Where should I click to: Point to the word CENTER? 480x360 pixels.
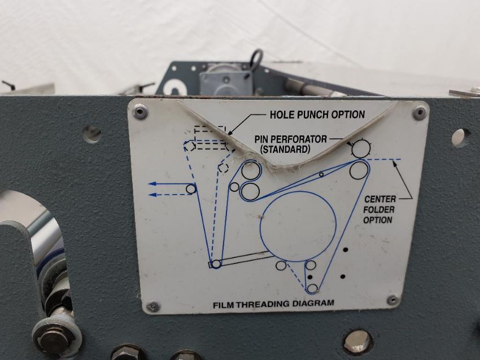pyautogui.click(x=380, y=199)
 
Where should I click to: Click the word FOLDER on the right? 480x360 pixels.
pyautogui.click(x=379, y=210)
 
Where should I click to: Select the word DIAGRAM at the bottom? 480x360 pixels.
pyautogui.click(x=312, y=303)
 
